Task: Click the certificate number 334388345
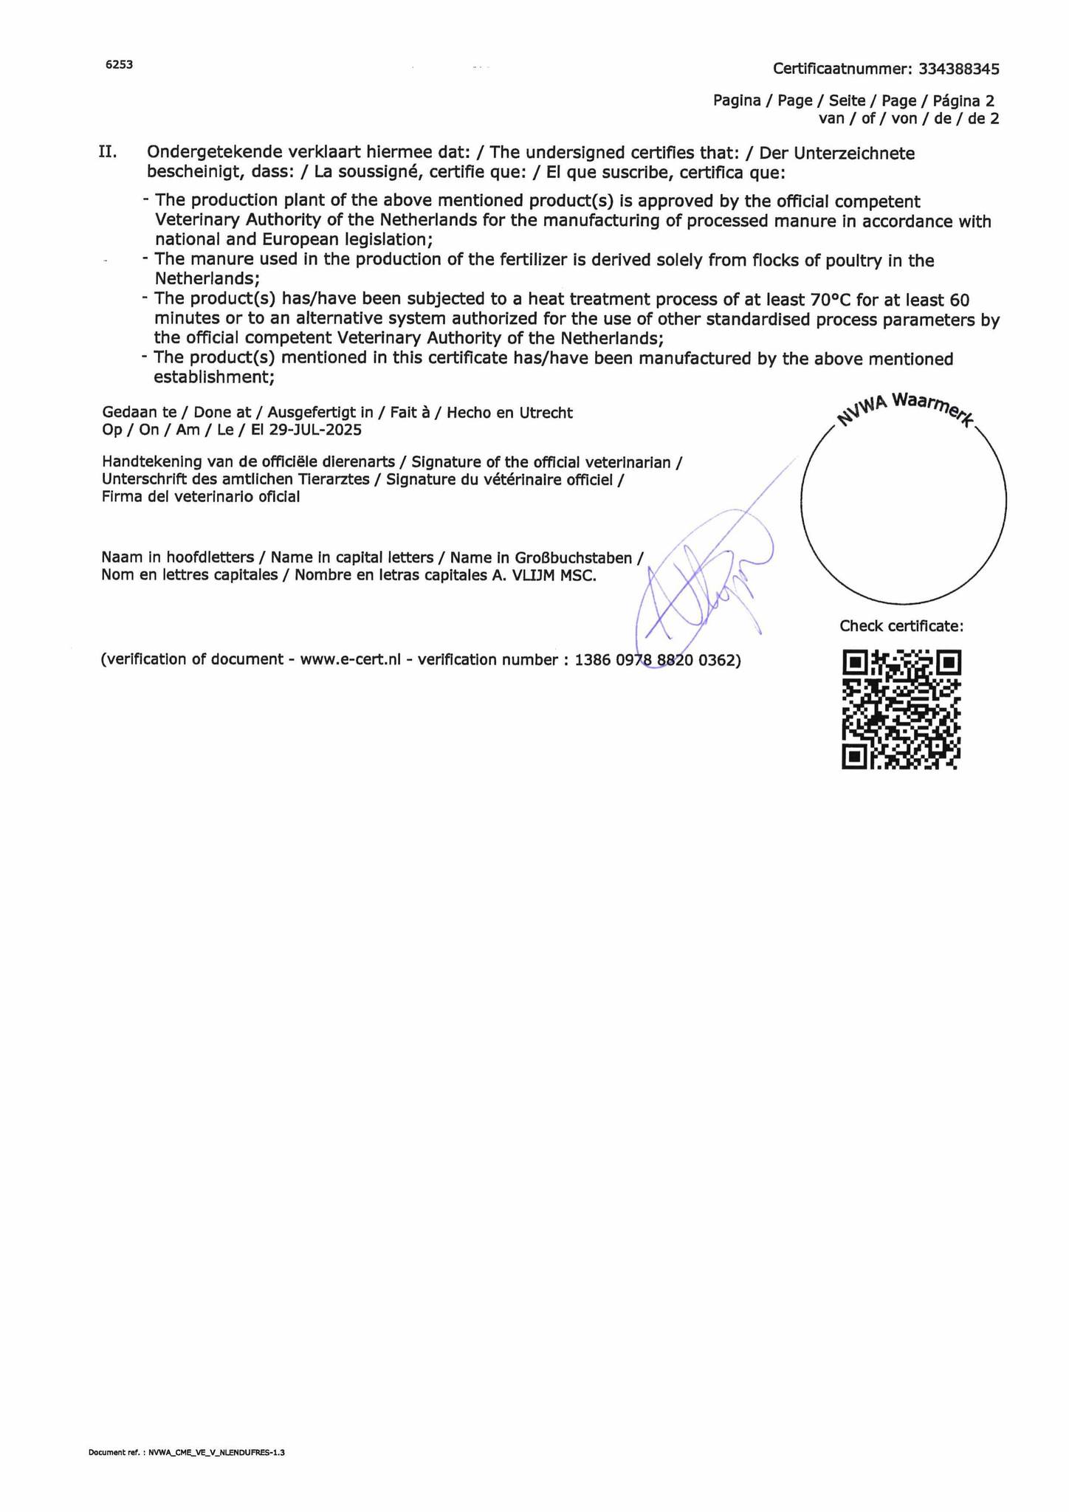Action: coord(958,69)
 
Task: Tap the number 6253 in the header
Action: coord(119,65)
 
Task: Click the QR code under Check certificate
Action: coord(901,709)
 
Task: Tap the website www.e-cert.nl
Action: coord(350,660)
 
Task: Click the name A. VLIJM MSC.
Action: coord(544,575)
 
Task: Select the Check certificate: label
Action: coord(901,626)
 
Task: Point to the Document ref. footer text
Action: coord(186,1452)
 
